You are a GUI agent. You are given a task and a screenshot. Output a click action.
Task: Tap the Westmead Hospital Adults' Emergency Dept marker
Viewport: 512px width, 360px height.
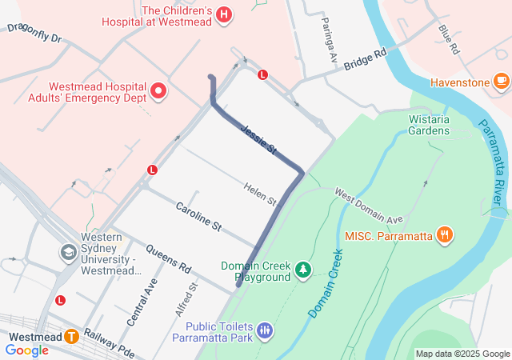point(158,91)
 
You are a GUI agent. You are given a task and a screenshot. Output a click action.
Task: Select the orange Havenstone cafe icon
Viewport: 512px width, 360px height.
point(502,82)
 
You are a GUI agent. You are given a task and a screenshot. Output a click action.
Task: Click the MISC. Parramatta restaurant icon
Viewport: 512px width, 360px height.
point(445,235)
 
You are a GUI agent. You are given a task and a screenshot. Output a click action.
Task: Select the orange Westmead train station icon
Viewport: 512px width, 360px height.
point(72,337)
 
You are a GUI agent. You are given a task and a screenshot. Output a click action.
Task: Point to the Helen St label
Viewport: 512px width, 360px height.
point(260,193)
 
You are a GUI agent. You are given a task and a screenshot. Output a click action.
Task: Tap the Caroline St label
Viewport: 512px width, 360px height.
point(198,217)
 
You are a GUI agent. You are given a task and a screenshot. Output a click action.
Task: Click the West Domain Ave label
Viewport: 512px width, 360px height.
point(369,206)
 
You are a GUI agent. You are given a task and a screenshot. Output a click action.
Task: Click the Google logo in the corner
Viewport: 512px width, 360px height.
point(26,350)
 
